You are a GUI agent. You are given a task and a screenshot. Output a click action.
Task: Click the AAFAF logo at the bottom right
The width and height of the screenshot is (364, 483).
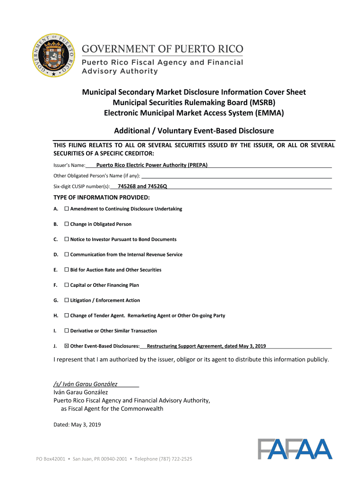click(295, 449)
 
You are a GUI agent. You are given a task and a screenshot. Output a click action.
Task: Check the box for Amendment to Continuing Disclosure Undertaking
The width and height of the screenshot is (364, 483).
click(67, 208)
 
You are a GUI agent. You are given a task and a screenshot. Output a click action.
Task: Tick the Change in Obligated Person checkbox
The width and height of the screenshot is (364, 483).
click(67, 224)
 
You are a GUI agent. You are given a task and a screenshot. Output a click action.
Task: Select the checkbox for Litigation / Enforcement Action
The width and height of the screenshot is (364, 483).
click(67, 300)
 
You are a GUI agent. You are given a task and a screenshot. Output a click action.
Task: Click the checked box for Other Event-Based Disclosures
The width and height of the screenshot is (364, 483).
click(67, 346)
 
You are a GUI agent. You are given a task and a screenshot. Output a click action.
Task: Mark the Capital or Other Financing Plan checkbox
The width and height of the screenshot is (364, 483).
click(67, 285)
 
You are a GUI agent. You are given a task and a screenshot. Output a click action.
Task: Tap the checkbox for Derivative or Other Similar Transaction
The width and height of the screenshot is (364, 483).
click(67, 331)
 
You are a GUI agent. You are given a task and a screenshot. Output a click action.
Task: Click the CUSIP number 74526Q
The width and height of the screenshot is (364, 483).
click(157, 186)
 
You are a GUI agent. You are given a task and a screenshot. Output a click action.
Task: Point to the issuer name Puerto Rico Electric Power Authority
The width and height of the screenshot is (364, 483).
click(152, 165)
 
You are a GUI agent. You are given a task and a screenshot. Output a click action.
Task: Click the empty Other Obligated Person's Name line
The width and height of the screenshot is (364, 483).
click(232, 175)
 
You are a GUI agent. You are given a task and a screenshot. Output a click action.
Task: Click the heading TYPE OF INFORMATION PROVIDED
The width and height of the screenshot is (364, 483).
click(102, 197)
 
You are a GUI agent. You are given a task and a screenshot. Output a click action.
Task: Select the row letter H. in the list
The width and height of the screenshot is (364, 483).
click(56, 316)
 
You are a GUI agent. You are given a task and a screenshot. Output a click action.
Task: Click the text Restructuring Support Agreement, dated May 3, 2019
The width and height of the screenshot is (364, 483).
click(207, 346)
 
